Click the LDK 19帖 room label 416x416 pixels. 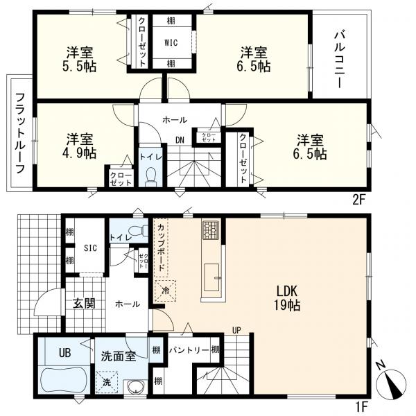click(x=285, y=298)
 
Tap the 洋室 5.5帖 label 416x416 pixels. click(x=81, y=59)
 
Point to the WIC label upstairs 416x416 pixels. click(x=171, y=42)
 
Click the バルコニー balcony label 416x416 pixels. click(x=339, y=58)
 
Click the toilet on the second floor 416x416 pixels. click(x=150, y=174)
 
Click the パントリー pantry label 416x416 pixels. click(x=188, y=350)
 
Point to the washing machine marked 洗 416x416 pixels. click(x=107, y=382)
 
